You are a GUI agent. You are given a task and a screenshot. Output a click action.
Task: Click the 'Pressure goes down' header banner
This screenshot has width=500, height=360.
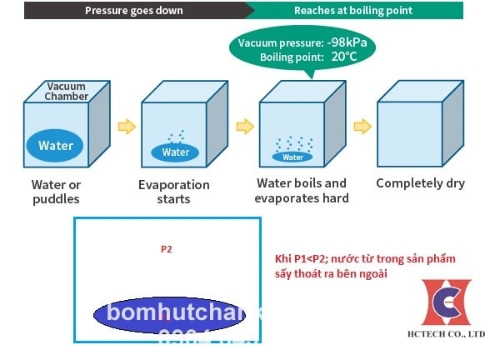pyautogui.click(x=133, y=12)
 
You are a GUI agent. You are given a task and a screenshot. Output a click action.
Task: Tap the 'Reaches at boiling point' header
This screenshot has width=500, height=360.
pyautogui.click(x=353, y=12)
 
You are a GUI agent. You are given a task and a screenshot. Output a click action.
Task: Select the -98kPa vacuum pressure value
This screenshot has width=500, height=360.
pyautogui.click(x=341, y=42)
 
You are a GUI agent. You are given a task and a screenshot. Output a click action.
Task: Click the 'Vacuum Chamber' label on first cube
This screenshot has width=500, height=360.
pyautogui.click(x=66, y=92)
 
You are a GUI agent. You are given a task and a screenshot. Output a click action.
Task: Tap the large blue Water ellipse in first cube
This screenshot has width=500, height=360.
pyautogui.click(x=56, y=146)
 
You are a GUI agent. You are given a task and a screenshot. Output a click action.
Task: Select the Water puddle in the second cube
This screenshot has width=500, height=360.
pyautogui.click(x=176, y=152)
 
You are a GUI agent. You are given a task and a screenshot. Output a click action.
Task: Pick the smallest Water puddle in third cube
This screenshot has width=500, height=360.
pyautogui.click(x=292, y=157)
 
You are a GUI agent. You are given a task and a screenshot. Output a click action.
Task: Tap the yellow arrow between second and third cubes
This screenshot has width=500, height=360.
pyautogui.click(x=244, y=126)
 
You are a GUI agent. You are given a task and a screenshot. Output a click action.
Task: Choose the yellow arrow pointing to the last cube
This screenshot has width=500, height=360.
pyautogui.click(x=362, y=126)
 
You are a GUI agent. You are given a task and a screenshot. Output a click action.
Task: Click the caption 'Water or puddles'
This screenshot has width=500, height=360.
pyautogui.click(x=56, y=192)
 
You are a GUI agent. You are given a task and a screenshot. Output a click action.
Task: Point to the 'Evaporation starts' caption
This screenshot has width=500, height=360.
pyautogui.click(x=173, y=192)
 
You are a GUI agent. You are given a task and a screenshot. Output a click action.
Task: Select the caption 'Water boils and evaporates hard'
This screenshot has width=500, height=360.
pyautogui.click(x=302, y=190)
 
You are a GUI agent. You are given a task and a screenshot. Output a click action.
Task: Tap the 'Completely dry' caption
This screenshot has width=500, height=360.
pyautogui.click(x=420, y=183)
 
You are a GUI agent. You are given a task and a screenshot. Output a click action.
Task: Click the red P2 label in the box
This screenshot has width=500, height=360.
pyautogui.click(x=166, y=248)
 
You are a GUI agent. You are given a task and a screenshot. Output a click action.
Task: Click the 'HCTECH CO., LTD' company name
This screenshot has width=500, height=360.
pyautogui.click(x=453, y=333)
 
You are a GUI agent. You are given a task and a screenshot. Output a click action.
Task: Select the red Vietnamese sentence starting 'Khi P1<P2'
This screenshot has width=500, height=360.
pyautogui.click(x=365, y=266)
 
